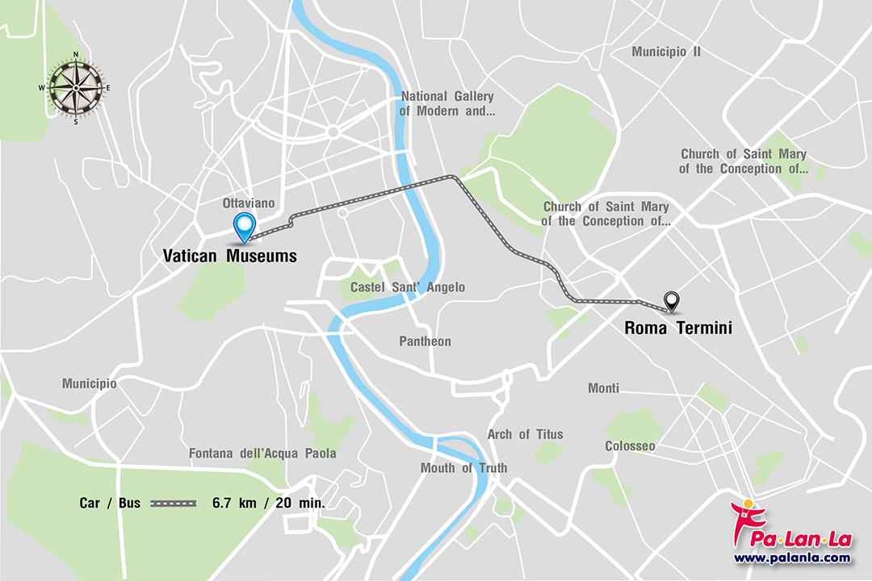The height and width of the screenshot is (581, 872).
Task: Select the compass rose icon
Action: tap(76, 88)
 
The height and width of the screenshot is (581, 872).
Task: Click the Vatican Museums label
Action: tap(230, 257)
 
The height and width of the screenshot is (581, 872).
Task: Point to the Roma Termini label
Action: tap(678, 328)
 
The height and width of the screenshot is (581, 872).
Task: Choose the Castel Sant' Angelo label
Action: tap(407, 287)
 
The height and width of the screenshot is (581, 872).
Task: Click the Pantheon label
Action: tap(425, 341)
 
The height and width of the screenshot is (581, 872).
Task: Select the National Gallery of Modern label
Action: tap(447, 103)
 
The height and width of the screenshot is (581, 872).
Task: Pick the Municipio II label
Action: tap(666, 52)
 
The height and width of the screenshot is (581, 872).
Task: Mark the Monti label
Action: tap(603, 388)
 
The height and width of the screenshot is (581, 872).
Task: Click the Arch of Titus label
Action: tap(525, 434)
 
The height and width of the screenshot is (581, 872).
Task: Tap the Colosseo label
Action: tap(630, 446)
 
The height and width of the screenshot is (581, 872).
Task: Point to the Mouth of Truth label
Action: tap(463, 468)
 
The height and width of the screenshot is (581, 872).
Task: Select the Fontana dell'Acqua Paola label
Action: tap(262, 454)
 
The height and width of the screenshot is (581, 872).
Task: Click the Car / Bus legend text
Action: tap(110, 503)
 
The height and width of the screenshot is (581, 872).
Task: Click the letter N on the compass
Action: tap(76, 55)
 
